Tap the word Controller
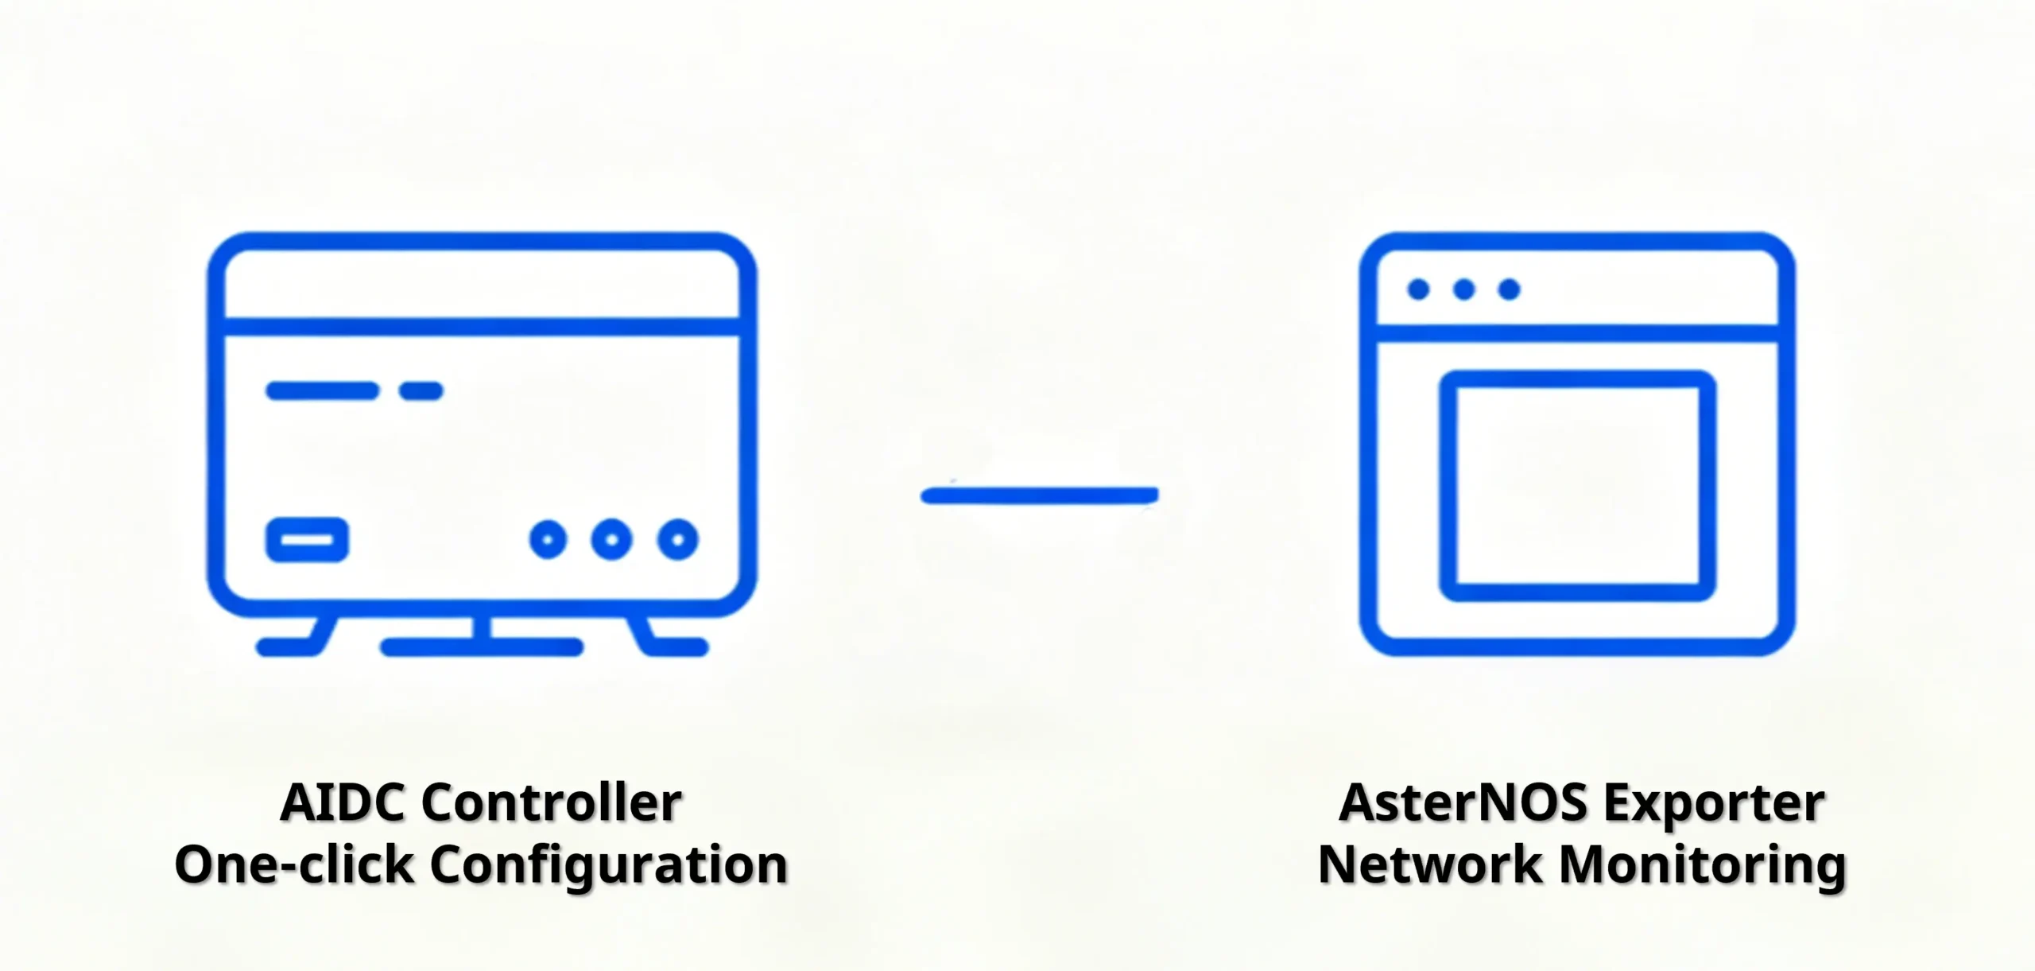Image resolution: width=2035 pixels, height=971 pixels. point(552,802)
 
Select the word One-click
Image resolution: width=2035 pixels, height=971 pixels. point(294,864)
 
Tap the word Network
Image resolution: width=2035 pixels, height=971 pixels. point(1430,864)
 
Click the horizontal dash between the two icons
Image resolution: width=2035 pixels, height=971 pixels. point(1040,496)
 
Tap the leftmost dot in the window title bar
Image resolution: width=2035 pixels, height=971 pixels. point(1418,289)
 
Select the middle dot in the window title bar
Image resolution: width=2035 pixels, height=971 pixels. point(1464,289)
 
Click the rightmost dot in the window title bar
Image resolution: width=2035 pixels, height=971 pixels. point(1509,289)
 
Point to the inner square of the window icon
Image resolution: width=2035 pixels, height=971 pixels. point(1448,486)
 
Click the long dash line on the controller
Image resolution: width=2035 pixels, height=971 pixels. point(322,390)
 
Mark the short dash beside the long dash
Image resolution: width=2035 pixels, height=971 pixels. point(421,390)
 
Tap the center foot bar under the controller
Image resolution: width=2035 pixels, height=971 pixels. point(482,647)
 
